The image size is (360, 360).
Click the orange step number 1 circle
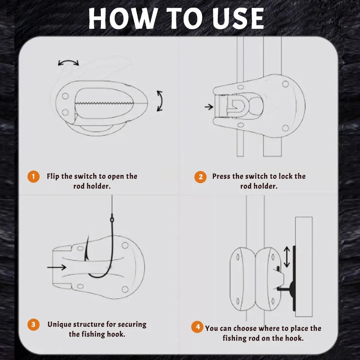[33, 176]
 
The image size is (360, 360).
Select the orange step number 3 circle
[33, 324]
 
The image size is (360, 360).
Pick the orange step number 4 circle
[197, 327]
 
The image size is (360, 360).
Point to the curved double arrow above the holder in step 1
[68, 63]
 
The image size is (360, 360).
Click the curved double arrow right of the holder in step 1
[159, 101]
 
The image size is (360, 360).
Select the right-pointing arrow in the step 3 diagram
[56, 267]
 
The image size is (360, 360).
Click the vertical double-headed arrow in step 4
[286, 256]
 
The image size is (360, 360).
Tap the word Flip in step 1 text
[54, 176]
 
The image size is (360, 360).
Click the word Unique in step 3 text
[61, 324]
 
